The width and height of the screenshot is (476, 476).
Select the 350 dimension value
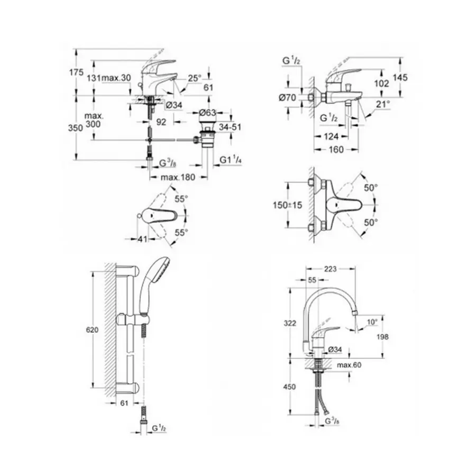pyautogui.click(x=77, y=127)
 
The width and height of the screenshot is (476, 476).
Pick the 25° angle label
pyautogui.click(x=195, y=78)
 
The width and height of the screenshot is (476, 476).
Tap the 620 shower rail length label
pyautogui.click(x=93, y=330)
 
